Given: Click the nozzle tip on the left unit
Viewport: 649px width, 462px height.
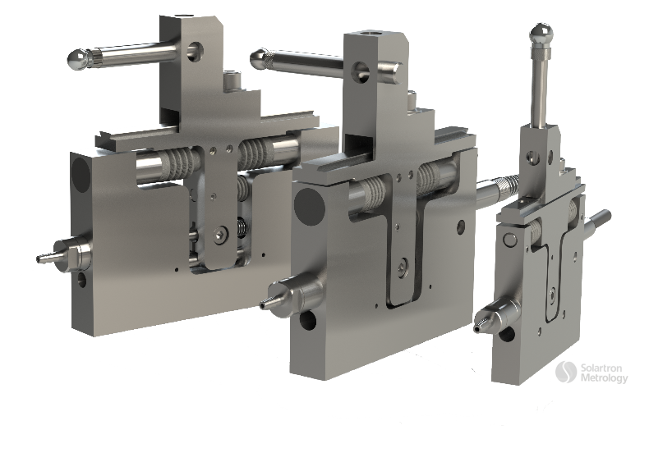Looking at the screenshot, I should tap(41, 258).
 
